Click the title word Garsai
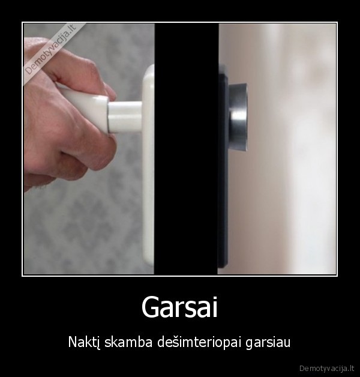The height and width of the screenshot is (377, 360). coord(179,307)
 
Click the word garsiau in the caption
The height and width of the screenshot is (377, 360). coord(268,343)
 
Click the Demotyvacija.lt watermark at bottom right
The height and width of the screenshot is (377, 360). coord(328,366)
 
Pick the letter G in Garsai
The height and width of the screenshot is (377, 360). coord(149,307)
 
